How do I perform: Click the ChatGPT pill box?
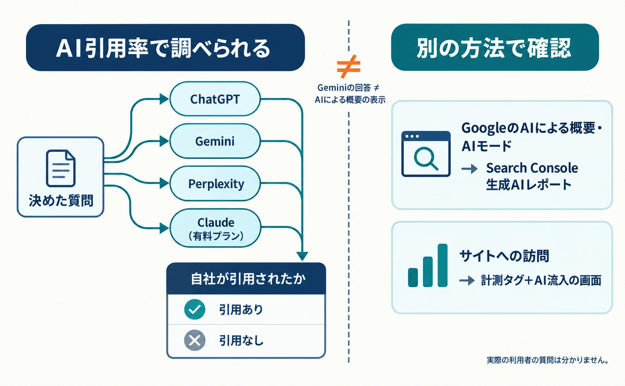tap(215, 99)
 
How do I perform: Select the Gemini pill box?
tap(215, 141)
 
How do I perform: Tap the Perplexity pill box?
tap(215, 184)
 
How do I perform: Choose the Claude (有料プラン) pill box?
tap(215, 228)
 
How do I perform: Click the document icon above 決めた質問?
tap(61, 168)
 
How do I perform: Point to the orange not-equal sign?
tap(349, 67)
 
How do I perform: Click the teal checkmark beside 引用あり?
tap(195, 309)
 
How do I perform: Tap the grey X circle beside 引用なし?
tap(195, 340)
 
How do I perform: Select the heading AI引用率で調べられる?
tap(163, 48)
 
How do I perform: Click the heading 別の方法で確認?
tap(494, 48)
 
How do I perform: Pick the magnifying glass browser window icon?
tap(426, 154)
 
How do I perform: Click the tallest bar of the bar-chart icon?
tap(443, 265)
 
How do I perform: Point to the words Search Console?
tap(532, 168)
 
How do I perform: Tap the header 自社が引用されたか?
tap(248, 279)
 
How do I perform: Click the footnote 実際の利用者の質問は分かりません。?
tap(548, 360)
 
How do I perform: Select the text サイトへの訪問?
tap(504, 256)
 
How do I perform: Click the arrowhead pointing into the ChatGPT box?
tap(164, 99)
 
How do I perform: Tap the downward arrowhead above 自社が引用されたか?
tap(302, 256)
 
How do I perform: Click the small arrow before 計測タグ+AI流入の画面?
tap(467, 280)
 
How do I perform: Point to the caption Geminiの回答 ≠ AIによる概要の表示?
tap(350, 94)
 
